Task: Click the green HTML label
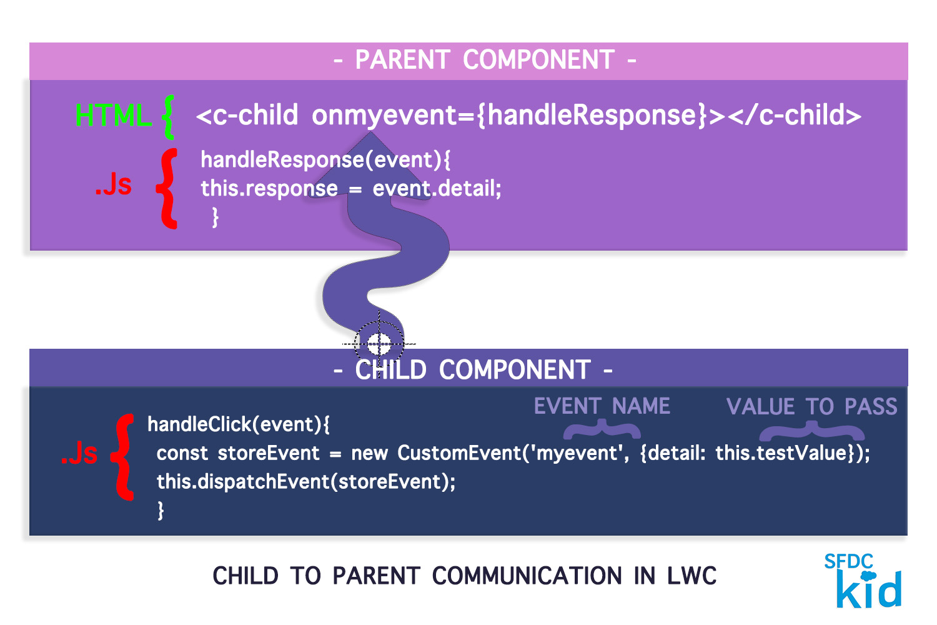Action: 113,116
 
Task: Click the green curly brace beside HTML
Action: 167,116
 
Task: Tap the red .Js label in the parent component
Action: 113,185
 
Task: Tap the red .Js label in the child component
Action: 79,453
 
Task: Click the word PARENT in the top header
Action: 402,61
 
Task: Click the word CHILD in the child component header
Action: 390,370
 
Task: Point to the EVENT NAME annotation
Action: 602,406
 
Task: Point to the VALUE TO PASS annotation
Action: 811,407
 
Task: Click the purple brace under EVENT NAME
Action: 602,430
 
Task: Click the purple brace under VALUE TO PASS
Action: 811,431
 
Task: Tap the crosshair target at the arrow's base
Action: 379,343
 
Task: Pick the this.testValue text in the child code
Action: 780,452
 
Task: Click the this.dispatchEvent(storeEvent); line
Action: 306,481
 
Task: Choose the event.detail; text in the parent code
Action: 437,188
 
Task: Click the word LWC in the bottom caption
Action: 692,576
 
